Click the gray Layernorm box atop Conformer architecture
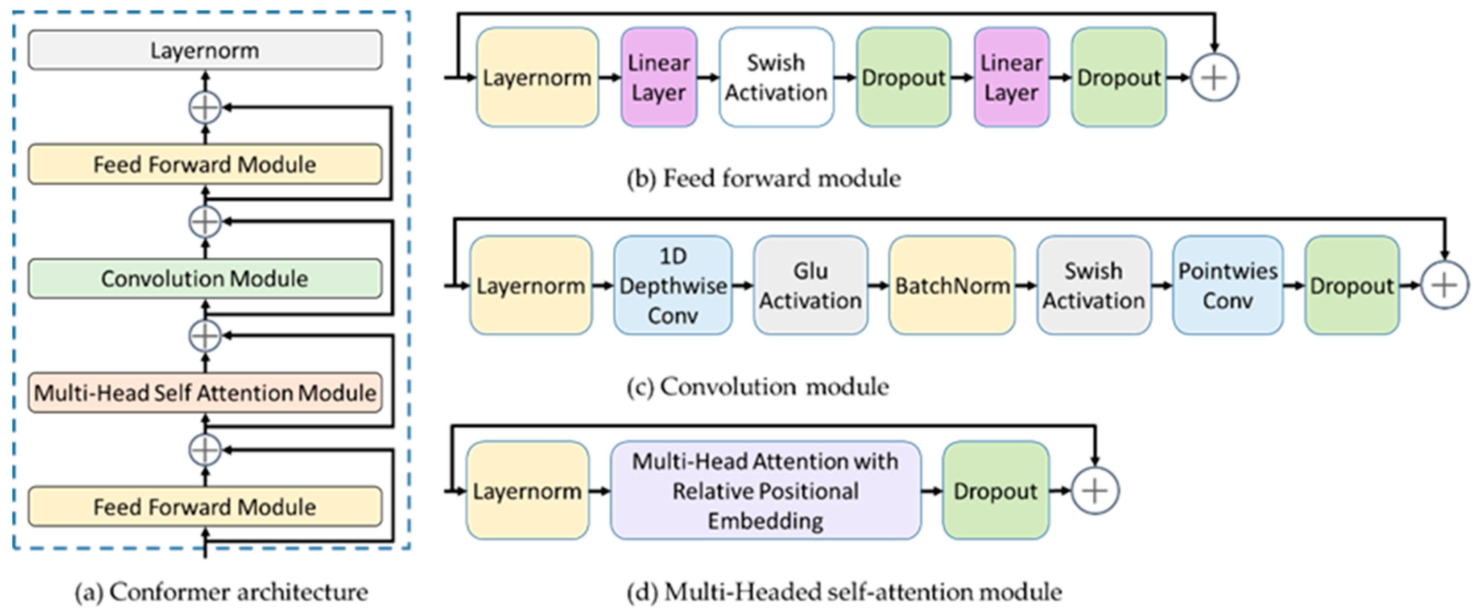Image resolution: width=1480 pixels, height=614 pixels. click(205, 50)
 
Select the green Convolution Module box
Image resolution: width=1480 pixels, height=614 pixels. click(205, 279)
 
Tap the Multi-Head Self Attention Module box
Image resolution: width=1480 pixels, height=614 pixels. click(205, 393)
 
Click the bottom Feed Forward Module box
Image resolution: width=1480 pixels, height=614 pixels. click(205, 507)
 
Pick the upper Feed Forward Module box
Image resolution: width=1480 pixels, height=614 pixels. click(205, 164)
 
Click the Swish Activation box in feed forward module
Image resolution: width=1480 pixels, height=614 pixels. click(776, 78)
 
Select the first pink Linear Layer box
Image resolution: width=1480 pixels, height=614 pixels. click(658, 78)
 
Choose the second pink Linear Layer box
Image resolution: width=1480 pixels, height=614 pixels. click(1011, 78)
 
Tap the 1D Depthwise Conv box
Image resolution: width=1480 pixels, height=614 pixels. click(673, 285)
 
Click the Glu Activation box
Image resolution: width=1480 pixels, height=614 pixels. click(810, 285)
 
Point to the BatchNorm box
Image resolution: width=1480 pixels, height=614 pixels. click(952, 285)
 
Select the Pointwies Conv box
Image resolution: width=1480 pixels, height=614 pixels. click(1228, 285)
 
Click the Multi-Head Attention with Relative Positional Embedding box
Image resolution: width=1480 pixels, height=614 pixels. click(765, 491)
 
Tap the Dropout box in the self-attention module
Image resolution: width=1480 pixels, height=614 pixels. click(996, 491)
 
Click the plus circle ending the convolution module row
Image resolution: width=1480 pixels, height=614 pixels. click(1444, 285)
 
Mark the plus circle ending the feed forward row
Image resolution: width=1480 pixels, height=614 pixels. click(1214, 78)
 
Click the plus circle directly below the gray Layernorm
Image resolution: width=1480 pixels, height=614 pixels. click(205, 107)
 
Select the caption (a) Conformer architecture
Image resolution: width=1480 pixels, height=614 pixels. click(221, 592)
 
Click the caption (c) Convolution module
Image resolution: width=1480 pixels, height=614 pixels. click(757, 387)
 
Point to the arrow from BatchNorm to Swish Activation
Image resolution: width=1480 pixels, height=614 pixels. click(1025, 285)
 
